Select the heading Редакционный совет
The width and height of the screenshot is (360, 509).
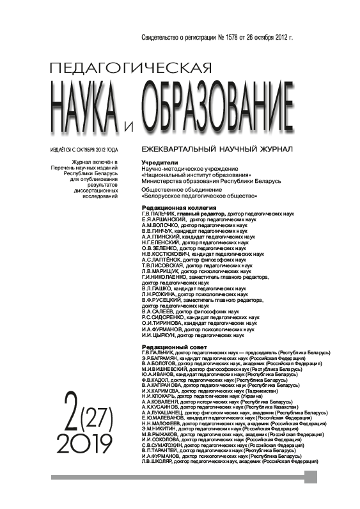[172, 346]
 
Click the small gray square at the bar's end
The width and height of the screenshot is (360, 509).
[311, 476]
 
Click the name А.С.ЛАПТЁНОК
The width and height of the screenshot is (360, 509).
[164, 260]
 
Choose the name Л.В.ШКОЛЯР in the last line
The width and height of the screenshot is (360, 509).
[160, 461]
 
